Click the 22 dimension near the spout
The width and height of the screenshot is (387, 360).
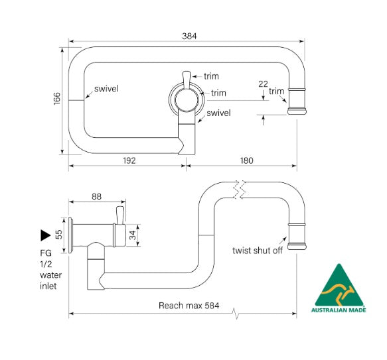click(x=264, y=84)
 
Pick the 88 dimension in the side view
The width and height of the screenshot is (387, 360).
click(x=96, y=196)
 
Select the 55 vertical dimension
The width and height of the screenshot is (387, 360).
click(x=58, y=234)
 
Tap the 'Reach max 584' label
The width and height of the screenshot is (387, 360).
click(x=189, y=306)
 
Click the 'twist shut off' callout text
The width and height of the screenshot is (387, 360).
click(x=258, y=251)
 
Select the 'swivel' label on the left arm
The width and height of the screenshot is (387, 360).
click(x=106, y=89)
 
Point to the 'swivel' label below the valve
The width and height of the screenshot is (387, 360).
click(x=218, y=113)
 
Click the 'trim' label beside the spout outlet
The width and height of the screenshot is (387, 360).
click(x=276, y=91)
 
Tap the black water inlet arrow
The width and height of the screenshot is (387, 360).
click(x=45, y=234)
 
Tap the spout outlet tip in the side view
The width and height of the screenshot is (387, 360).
click(x=297, y=237)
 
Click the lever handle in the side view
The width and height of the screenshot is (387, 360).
click(x=119, y=215)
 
